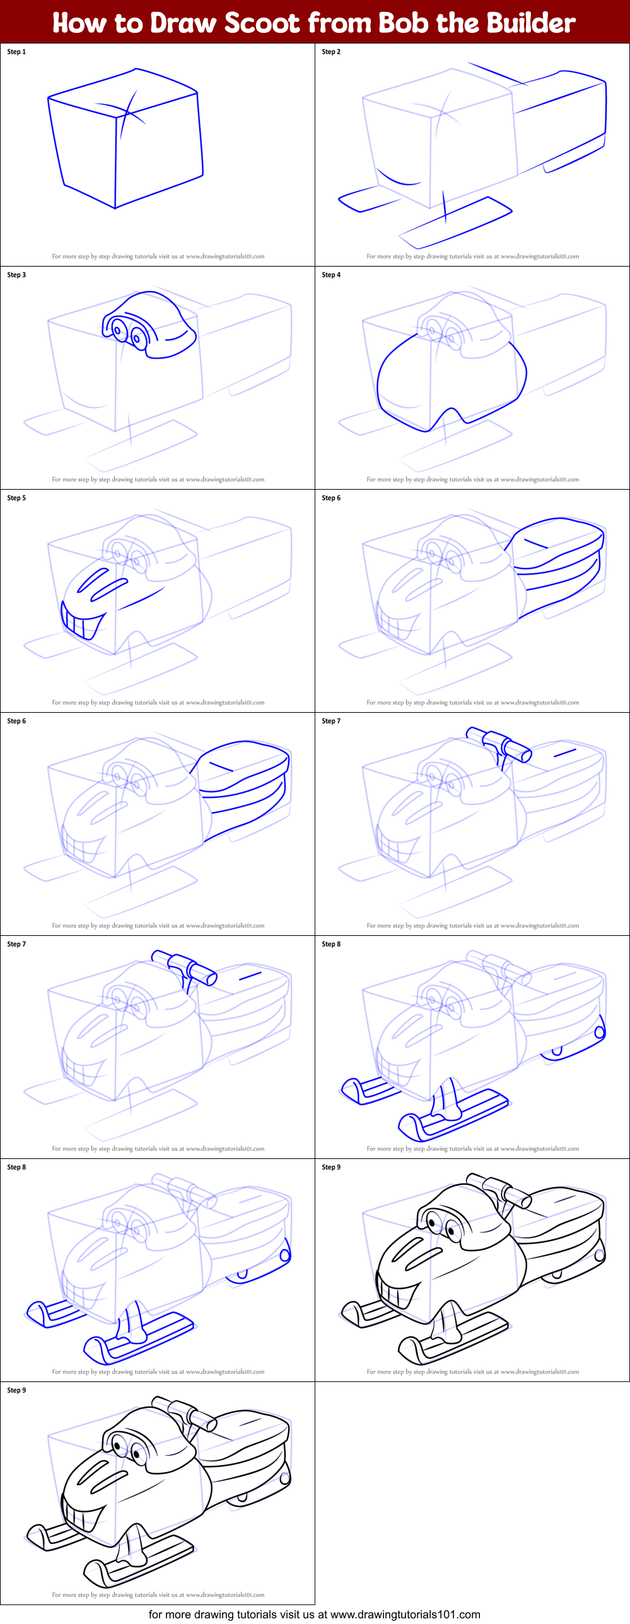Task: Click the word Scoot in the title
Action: coord(262,23)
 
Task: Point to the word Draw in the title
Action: coord(184,23)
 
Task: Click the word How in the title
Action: coord(79,23)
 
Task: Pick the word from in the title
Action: coord(341,23)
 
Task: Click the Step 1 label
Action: coord(16,52)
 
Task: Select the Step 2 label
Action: coord(331,52)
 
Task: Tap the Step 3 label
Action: coord(16,275)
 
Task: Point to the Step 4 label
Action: coord(331,275)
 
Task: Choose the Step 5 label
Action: coord(16,498)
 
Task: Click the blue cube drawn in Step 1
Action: coord(126,139)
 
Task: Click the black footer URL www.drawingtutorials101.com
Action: coord(405,1615)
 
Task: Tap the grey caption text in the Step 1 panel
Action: coord(158,256)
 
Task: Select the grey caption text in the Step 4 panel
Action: coord(472,480)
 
